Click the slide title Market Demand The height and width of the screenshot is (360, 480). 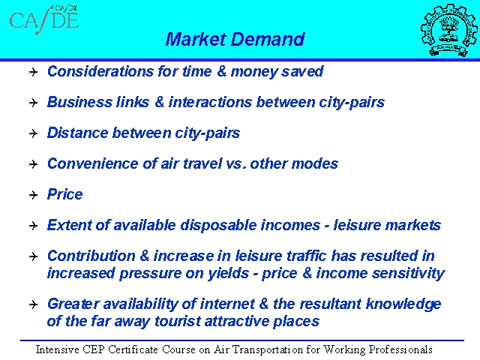point(235,39)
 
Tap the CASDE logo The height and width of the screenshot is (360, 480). point(44,19)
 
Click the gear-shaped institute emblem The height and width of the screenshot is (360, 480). point(448,30)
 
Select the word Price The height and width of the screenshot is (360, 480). point(65,194)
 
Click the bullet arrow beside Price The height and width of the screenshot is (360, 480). point(33,195)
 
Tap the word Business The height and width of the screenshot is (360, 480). point(79,102)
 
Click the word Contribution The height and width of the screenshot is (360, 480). point(91,256)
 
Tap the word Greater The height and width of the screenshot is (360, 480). point(73,304)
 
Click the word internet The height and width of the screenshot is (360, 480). point(227,304)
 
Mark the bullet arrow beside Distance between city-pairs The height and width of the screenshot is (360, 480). point(33,133)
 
